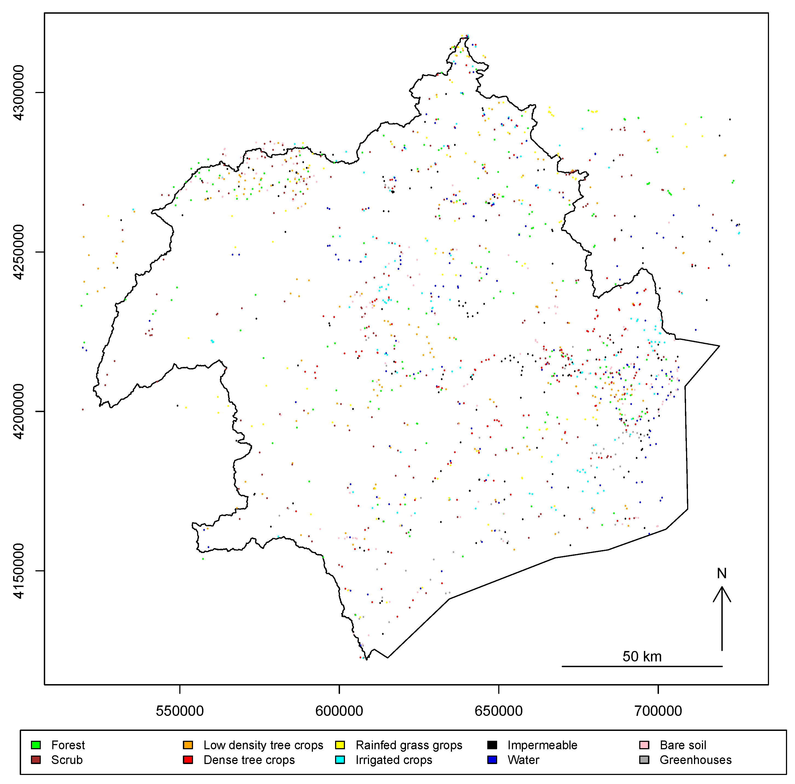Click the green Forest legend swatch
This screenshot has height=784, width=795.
(36, 745)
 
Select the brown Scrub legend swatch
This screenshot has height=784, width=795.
(36, 760)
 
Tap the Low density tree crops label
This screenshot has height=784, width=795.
(263, 745)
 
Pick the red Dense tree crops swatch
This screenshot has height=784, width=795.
(188, 760)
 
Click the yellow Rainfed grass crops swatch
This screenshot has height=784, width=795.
(340, 745)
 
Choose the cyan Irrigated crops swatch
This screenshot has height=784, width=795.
(340, 760)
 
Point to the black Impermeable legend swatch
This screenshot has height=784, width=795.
(492, 745)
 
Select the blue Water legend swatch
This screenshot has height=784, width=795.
(492, 760)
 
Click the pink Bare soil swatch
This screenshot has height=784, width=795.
(644, 745)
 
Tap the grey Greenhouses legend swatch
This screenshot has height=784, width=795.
(644, 760)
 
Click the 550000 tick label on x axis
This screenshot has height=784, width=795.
(180, 711)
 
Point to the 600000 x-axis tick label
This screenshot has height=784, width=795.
(339, 711)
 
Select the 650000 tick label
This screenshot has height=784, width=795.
(499, 711)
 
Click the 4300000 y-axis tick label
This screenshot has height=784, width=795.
(19, 92)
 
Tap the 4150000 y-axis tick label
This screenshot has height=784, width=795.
(19, 571)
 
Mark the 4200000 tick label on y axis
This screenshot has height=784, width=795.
(19, 411)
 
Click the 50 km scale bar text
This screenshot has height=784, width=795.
(642, 656)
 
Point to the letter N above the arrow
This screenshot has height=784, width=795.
(722, 573)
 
